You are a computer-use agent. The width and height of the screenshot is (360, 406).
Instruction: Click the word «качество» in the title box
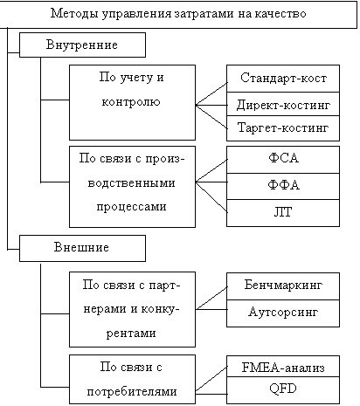pos(280,14)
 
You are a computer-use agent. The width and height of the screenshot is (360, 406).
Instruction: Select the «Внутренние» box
pos(82,45)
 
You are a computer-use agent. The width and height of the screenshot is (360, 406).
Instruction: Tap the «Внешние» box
pos(82,248)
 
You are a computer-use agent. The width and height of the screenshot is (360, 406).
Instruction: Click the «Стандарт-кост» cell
pos(283,79)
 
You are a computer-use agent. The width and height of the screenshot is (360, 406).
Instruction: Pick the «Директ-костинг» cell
pos(283,104)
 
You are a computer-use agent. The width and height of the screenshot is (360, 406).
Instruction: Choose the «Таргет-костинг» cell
pos(283,128)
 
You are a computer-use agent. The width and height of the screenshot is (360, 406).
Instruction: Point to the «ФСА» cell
pos(283,160)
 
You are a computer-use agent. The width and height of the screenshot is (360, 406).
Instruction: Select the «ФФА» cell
pos(283,186)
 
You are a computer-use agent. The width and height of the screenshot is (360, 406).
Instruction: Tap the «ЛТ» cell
pos(283,213)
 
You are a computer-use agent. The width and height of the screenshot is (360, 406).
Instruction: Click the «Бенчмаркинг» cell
pos(283,286)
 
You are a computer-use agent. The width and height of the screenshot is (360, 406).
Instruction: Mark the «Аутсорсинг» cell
pos(283,313)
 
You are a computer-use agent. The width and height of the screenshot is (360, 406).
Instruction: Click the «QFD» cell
pos(283,390)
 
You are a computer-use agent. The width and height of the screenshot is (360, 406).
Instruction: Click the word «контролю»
pos(131,102)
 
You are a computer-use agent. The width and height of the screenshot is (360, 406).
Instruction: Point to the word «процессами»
pos(131,207)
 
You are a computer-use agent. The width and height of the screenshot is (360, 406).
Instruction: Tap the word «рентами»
pos(131,334)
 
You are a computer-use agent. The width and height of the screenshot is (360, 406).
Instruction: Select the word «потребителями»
pos(132,391)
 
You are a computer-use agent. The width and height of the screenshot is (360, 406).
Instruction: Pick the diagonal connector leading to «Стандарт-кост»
pos(211,94)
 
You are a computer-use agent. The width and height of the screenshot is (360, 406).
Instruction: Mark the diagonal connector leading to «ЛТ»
pos(211,197)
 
